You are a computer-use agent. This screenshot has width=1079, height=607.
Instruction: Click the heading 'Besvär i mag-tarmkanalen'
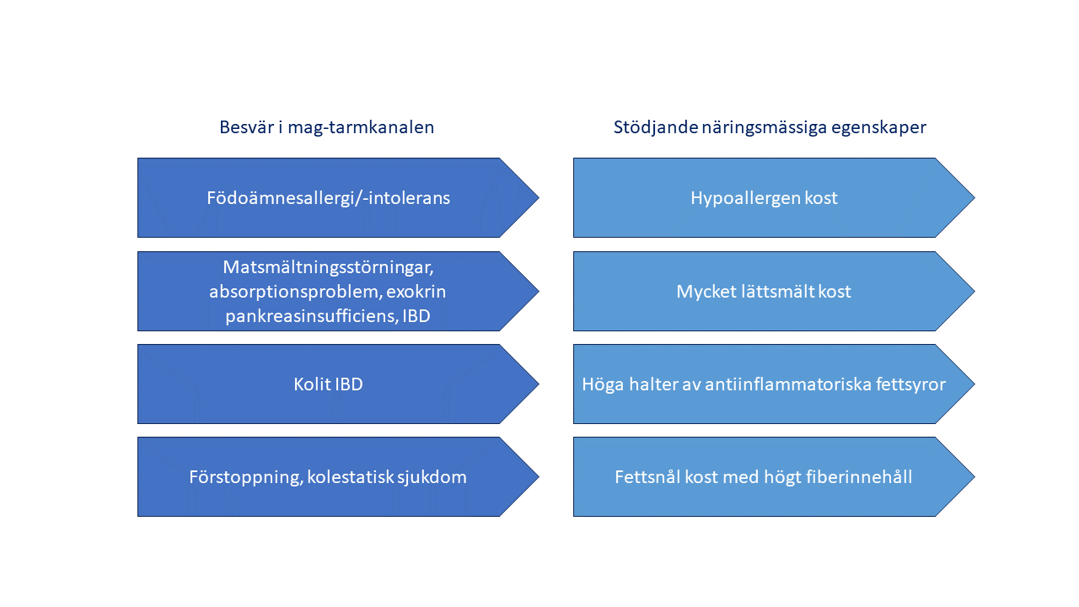[326, 127]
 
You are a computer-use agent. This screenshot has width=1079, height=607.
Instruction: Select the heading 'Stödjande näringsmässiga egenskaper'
[770, 127]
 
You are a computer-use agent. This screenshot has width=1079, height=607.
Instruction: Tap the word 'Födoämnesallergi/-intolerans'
[329, 198]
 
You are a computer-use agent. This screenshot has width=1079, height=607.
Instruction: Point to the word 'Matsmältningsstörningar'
[327, 267]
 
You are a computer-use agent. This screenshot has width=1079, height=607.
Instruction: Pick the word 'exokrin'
[416, 292]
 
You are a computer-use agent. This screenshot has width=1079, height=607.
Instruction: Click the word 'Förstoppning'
[245, 477]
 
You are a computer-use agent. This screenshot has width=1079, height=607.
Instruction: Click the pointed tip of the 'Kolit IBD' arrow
[539, 384]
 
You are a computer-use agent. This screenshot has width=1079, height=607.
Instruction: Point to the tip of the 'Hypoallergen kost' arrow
[975, 197]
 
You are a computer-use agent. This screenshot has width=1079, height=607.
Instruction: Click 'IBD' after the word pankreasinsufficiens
[416, 316]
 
